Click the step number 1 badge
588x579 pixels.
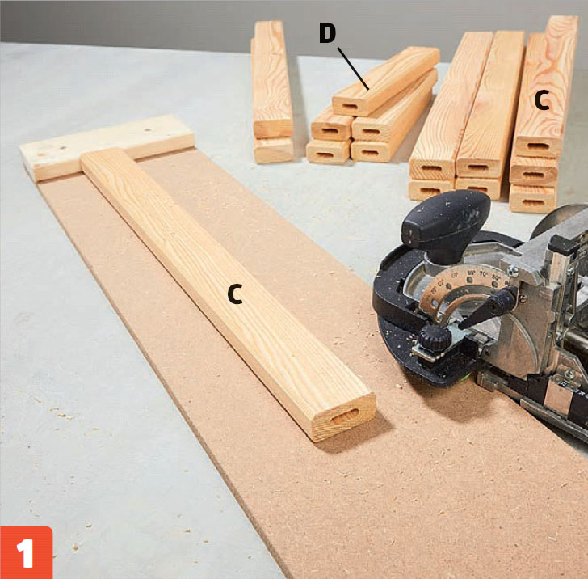point(26,552)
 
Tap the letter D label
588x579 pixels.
point(327,32)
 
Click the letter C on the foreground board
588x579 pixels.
point(235,294)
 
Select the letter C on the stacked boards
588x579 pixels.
point(542,100)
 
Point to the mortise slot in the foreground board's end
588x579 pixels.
point(345,416)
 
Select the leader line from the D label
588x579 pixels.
point(353,69)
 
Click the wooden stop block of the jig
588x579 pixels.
point(107,147)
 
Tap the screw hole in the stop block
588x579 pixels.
point(147,129)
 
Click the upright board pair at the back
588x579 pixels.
point(272,92)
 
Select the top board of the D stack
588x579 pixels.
point(386,81)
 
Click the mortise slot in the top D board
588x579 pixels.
point(350,106)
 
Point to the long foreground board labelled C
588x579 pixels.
point(229,295)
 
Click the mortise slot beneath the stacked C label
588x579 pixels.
point(537,146)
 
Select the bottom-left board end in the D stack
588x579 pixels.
point(329,152)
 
